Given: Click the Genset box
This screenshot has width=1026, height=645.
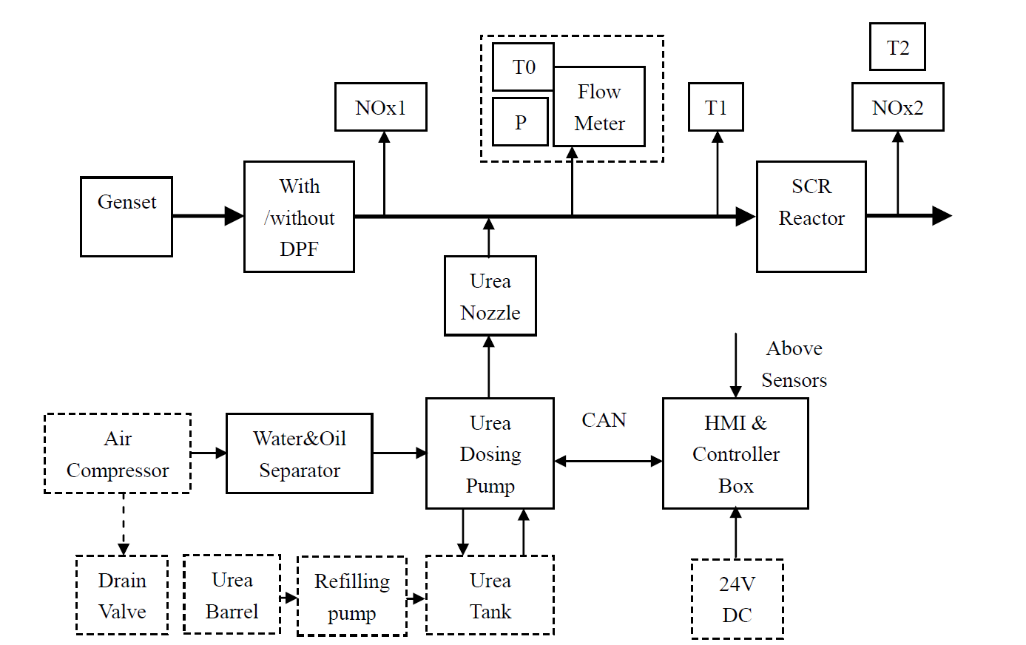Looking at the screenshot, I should pos(126,217).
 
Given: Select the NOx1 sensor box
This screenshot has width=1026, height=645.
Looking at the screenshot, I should pos(381,107).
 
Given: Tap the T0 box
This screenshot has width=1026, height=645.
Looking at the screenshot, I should pos(523,67).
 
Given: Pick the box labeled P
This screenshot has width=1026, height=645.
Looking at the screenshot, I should pos(521,122).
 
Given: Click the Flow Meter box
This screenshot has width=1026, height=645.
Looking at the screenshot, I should pos(599,107).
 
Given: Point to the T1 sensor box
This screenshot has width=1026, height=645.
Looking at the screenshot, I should pos(716,107).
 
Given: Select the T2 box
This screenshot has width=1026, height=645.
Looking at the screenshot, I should pos(897,47).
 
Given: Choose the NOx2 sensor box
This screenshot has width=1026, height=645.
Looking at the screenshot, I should pos(897,107).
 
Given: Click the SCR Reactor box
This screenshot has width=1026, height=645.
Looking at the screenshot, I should pos(811,217).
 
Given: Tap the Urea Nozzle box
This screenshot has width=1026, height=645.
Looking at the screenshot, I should pos(490,296).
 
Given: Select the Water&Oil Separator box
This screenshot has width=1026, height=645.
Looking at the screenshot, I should pos(300,453).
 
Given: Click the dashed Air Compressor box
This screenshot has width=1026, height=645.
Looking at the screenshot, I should pos(118,453).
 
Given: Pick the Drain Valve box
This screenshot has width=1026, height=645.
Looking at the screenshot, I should pos(122,595).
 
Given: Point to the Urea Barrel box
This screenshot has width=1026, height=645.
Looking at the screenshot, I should pos(232,595).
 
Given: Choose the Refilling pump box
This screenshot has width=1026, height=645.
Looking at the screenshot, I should pos(352,596).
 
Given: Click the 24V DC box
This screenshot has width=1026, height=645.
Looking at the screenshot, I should pos(737,599).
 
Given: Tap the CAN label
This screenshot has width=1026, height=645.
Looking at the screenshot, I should pos(604,420).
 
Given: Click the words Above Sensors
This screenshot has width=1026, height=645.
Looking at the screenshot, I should pos(794,364).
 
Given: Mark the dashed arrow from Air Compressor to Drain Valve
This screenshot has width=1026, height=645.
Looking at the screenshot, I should pos(124,524).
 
